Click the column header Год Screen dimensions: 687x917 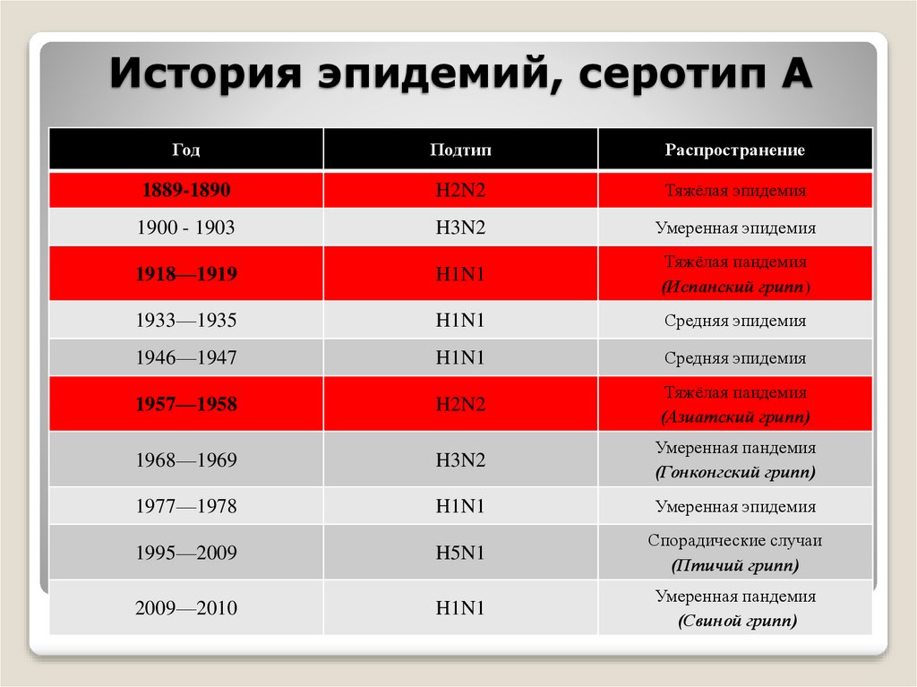(x=185, y=150)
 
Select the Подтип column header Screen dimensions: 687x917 (x=460, y=150)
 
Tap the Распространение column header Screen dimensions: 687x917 (x=734, y=150)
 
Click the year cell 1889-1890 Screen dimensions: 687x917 (x=185, y=190)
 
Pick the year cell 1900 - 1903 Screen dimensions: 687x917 (x=185, y=228)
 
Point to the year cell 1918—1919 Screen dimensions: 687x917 (x=185, y=274)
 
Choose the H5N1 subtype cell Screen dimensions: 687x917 (x=460, y=553)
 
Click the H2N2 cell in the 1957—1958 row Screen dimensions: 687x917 (x=460, y=404)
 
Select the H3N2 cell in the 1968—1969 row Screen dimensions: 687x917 (x=460, y=460)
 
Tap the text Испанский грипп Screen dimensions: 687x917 (x=734, y=288)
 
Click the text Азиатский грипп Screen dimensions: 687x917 (x=734, y=417)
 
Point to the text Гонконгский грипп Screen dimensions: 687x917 (x=734, y=471)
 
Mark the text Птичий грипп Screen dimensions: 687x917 (x=734, y=565)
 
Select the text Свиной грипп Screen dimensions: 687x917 (x=734, y=620)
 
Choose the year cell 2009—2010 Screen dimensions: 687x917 (x=185, y=608)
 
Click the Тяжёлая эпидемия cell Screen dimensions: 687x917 (x=734, y=190)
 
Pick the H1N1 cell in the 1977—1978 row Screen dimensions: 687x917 (x=460, y=506)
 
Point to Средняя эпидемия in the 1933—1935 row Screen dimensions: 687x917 (x=734, y=320)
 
